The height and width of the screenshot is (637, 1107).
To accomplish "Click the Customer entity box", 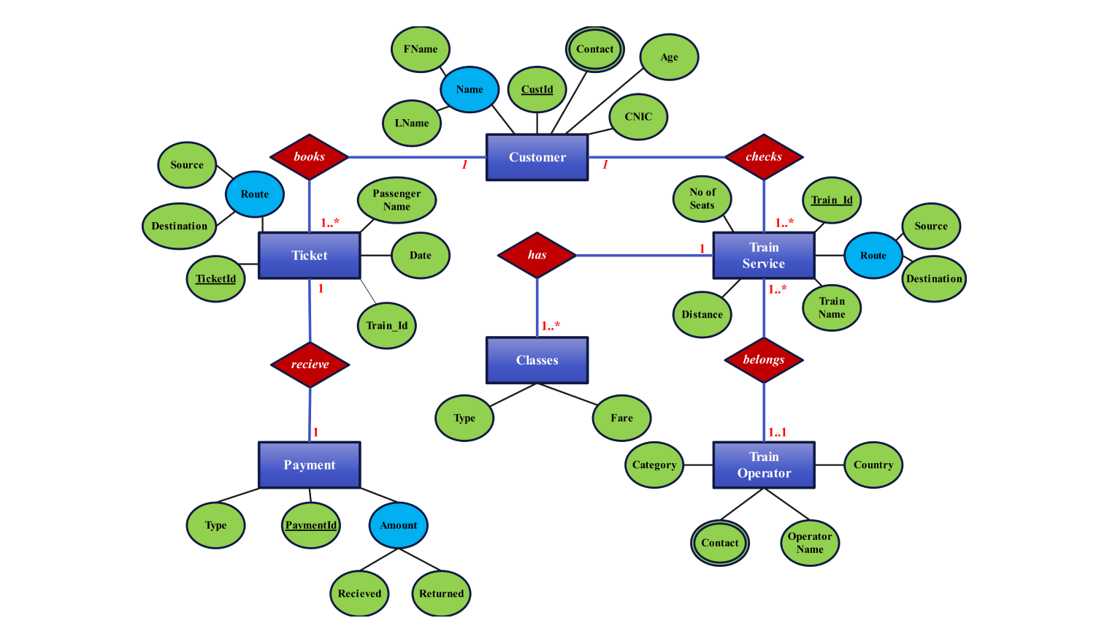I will pos(537,157).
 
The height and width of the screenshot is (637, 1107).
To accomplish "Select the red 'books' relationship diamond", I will pos(309,156).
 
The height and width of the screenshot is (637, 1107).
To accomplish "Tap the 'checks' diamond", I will pos(764,156).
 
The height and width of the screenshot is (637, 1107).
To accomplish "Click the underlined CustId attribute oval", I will pos(537,90).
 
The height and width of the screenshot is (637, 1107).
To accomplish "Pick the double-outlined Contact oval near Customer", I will pos(594,50).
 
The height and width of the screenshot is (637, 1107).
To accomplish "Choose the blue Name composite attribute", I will pos(470,90).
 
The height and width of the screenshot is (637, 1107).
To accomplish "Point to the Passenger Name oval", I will pos(397,200).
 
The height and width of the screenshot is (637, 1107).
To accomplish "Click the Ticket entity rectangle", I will pos(309,256).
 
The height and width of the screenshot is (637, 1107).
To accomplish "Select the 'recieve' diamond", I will pos(310,364).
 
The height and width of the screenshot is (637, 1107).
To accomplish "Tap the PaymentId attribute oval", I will pos(311,525).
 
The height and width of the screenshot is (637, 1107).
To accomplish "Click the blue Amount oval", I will pos(398,525).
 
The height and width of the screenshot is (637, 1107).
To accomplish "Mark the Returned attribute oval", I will pos(441,593).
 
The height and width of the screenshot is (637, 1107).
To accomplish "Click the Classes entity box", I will pos(537,360).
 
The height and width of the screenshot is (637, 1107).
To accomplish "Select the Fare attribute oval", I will pos(621,418).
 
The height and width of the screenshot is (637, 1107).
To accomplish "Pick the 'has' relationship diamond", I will pos(537,255).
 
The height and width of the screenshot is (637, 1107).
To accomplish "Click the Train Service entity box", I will pos(764,256).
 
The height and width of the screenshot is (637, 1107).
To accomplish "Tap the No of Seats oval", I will pos(702,199).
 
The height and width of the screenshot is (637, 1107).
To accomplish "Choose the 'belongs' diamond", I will pos(764,359).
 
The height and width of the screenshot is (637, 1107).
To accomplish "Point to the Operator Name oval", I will pos(810,543).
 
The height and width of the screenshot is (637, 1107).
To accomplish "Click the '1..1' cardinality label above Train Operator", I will pos(777,432).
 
